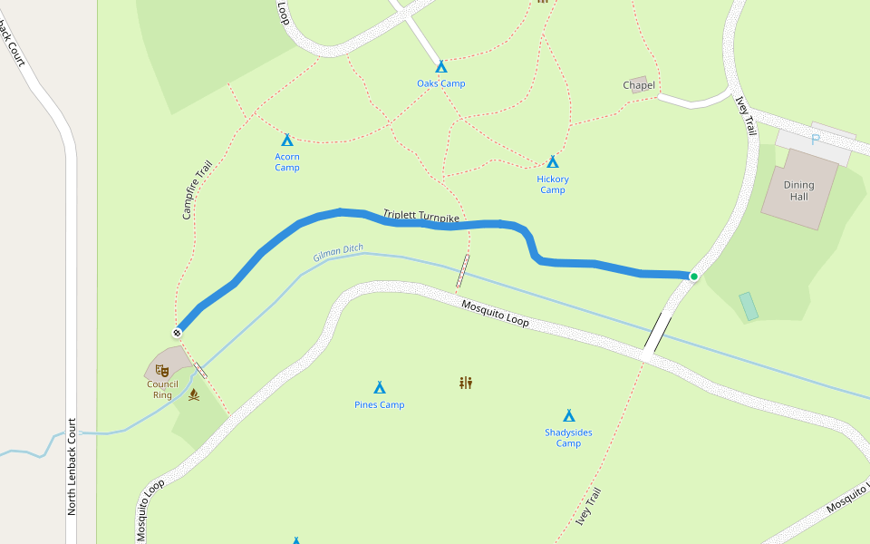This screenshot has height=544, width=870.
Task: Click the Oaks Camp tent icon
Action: [x=441, y=67]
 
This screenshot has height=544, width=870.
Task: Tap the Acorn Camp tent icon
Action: [x=287, y=140]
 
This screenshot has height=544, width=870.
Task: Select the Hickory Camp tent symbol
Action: [x=553, y=162]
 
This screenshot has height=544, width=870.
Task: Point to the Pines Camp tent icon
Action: [x=380, y=388]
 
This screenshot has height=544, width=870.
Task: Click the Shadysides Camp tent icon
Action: [x=569, y=415]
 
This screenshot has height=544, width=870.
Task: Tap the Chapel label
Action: [x=639, y=85]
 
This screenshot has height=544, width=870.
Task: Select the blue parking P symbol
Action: [x=815, y=140]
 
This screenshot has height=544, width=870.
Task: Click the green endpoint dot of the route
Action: [x=694, y=277]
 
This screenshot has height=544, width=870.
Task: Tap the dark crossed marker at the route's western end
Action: [x=178, y=333]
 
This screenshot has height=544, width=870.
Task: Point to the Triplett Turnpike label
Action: [x=421, y=217]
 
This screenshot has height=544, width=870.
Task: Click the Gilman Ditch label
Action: [x=338, y=254]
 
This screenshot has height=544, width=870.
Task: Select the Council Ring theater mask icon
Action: [x=161, y=370]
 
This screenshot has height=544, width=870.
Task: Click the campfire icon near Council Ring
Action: [x=193, y=394]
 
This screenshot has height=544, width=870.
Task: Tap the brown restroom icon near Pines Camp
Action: [x=466, y=383]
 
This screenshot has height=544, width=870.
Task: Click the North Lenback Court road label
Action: [x=72, y=467]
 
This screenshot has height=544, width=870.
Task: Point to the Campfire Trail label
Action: [x=197, y=190]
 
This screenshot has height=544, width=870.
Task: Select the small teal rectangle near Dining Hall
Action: [x=749, y=306]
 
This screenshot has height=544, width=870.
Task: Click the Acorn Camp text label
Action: [x=287, y=161]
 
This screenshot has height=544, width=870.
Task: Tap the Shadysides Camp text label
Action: [x=569, y=438]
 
